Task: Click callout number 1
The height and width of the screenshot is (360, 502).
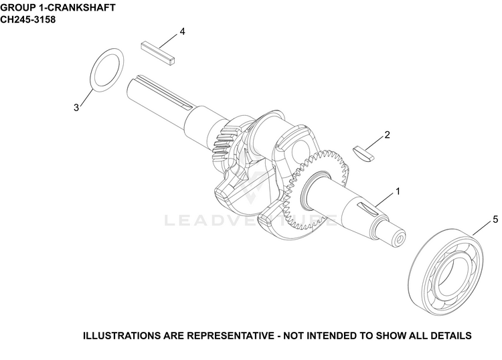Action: pos(398,191)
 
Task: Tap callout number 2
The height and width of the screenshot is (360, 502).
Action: pos(387,135)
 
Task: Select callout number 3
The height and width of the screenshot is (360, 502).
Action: pos(76,108)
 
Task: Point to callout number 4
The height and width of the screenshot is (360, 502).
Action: pos(182,31)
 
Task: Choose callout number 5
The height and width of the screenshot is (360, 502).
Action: pos(495,219)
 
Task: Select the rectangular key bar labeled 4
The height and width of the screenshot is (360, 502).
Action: pos(158,52)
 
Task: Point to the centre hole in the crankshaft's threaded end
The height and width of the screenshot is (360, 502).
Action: pos(400,240)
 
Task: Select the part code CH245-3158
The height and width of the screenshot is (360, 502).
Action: pos(28,19)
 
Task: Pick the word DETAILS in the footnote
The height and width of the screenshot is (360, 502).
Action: pos(451,336)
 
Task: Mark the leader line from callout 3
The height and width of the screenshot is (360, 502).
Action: pos(86,97)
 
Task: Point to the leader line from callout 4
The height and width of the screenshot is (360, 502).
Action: pos(168,41)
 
